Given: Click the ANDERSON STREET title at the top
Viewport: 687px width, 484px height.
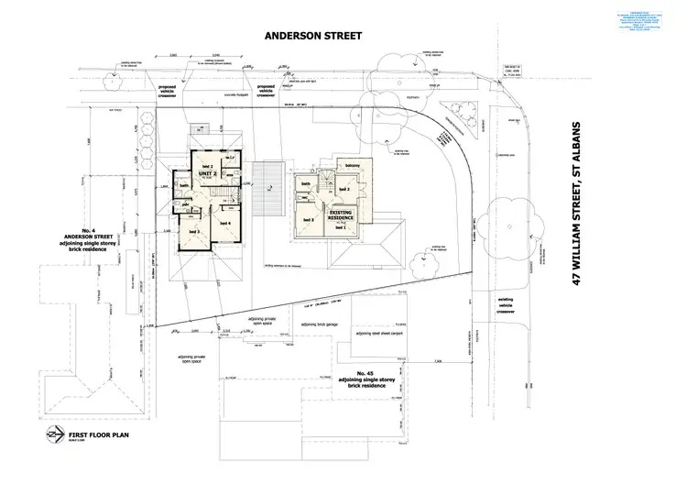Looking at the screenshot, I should point(313,37).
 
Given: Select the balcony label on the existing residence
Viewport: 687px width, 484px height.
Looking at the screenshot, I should point(352,166).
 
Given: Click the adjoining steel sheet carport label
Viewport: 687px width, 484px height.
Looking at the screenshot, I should point(379,335).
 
